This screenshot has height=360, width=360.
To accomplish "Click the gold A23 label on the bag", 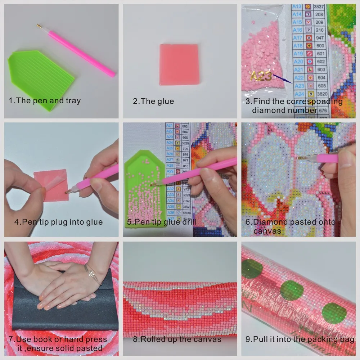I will [x=261, y=76].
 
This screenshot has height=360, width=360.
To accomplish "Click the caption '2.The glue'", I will [x=153, y=102].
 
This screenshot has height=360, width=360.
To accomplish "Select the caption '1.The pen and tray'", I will [x=45, y=101].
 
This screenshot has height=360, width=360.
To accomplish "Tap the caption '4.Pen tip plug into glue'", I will [x=58, y=222].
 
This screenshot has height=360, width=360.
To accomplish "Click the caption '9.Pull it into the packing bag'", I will [x=300, y=339].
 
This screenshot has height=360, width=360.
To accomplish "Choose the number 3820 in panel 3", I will [x=320, y=94].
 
